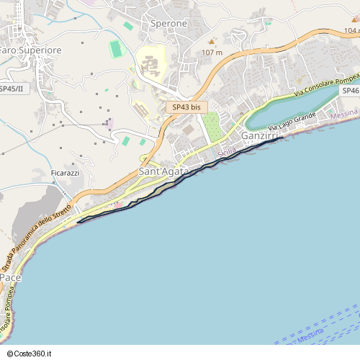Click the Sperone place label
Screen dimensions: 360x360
168,24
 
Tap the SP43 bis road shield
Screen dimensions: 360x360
187,107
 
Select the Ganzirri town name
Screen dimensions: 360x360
260,136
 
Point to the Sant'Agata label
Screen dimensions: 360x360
163,171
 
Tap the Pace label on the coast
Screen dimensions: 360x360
10,277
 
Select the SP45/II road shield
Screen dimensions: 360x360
11,89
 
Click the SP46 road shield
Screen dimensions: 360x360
351,91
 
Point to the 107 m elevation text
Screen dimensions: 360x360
212,53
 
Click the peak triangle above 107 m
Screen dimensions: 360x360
212,42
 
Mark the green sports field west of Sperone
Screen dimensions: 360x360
115,49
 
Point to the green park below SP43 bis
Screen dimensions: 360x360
210,127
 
